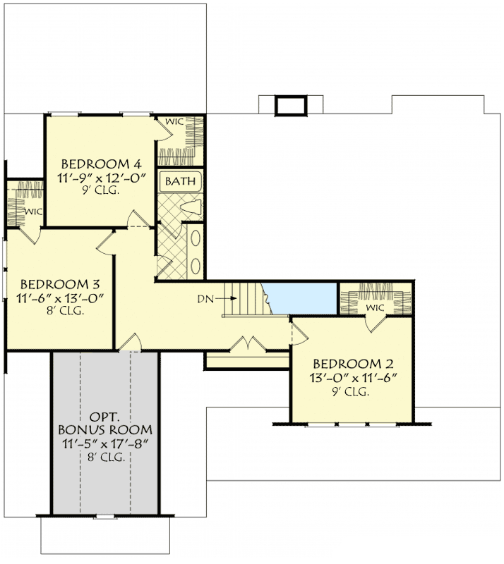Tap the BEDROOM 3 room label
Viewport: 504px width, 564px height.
point(59,285)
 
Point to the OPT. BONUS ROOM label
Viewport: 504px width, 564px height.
point(105,422)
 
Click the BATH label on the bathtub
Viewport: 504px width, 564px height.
point(180,182)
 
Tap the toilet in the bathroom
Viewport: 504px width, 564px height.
point(191,207)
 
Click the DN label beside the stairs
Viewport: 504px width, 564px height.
point(205,299)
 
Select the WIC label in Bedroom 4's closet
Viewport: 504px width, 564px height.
point(174,122)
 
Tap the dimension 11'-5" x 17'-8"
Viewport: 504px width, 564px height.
point(105,443)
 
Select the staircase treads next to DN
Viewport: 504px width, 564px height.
point(247,299)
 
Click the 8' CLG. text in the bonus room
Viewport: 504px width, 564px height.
point(105,457)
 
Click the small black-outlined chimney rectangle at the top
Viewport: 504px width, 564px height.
point(289,106)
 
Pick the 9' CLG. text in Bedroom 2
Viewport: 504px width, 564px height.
point(351,392)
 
